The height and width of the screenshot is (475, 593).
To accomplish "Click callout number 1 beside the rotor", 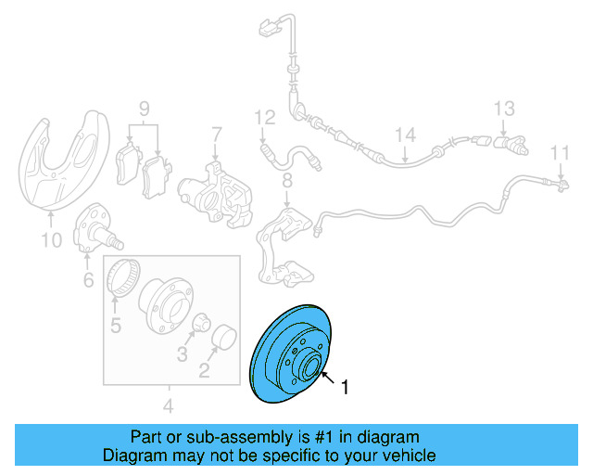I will (346, 388).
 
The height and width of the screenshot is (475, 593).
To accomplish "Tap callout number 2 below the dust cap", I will (205, 371).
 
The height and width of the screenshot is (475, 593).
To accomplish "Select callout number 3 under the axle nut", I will (182, 353).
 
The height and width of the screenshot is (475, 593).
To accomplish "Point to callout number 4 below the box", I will (168, 405).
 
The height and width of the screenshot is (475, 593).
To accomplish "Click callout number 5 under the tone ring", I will (116, 325).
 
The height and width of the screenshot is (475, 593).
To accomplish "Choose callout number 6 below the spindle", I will (88, 279).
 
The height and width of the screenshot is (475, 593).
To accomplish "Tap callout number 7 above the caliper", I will (216, 135).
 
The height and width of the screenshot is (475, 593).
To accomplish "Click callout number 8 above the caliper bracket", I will (287, 179).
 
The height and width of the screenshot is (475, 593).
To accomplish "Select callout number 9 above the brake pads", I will (145, 109).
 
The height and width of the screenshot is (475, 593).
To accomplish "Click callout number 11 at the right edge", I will (561, 152).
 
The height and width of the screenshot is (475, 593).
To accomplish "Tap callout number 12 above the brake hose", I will (265, 117).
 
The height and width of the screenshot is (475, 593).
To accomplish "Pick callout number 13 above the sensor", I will (503, 109).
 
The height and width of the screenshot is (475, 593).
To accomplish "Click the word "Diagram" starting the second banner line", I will (132, 456).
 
